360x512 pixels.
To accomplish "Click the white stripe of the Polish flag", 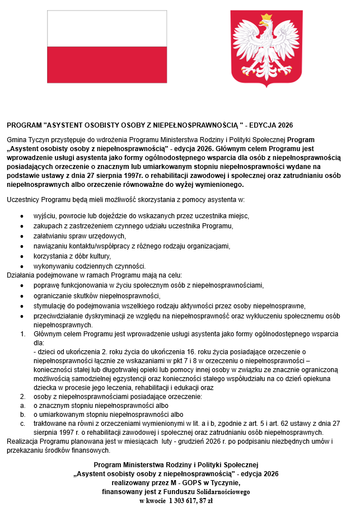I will [x=107, y=29].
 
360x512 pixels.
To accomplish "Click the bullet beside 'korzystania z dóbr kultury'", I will [x=22, y=256].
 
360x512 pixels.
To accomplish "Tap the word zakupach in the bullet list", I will [x=46, y=226].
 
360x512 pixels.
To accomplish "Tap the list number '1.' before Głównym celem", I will [x=22, y=334].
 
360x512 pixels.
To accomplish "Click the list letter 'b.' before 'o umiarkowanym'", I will [x=22, y=415].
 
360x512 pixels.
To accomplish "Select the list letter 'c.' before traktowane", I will [x=22, y=424].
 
